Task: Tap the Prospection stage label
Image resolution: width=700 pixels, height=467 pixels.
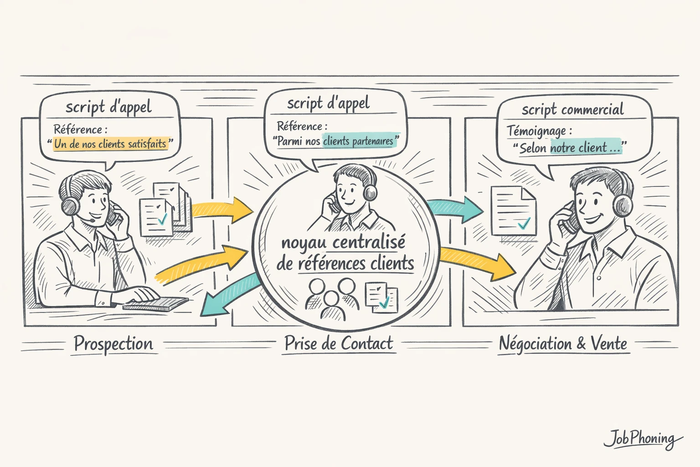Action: [113, 343]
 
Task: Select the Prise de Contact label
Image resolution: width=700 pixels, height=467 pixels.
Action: [339, 343]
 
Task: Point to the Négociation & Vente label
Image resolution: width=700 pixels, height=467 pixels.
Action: [563, 343]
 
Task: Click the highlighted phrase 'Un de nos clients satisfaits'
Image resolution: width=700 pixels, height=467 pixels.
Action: [110, 144]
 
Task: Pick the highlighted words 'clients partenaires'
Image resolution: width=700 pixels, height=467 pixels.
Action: [358, 141]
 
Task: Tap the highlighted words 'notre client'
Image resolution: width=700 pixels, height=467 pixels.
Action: [579, 148]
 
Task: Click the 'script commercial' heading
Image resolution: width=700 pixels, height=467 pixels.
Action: [572, 109]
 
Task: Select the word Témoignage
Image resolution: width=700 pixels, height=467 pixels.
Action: [536, 131]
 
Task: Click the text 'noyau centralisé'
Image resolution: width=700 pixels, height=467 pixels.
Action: [343, 243]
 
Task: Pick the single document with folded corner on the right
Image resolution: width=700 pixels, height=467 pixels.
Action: [513, 211]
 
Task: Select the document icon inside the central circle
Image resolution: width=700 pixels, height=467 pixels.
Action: [381, 298]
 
